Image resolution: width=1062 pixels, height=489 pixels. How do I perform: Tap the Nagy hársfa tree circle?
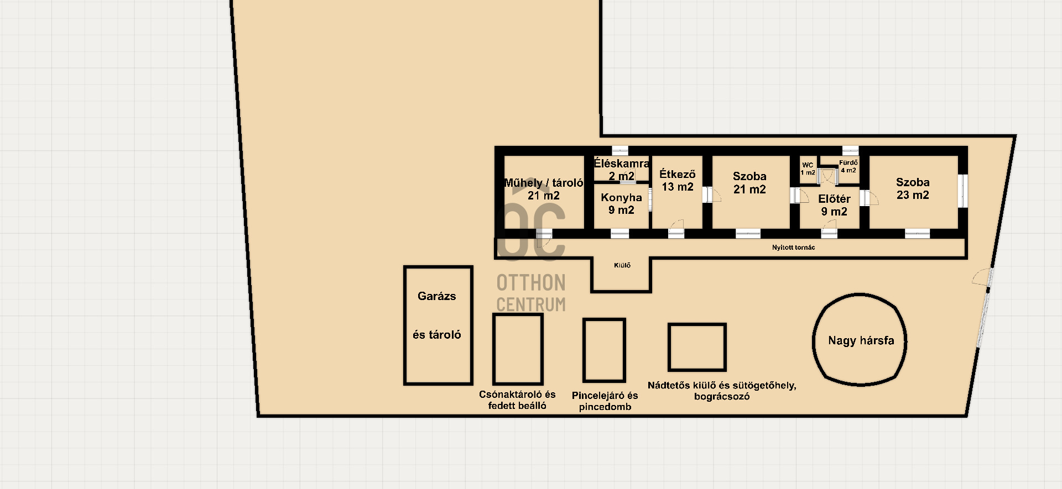[x=814, y=340]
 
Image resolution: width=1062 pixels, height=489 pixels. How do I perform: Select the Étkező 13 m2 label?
[x=677, y=181]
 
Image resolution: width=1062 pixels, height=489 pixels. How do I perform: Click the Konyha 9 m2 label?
[x=621, y=203]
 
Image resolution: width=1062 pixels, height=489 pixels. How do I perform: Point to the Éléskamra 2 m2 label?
[x=621, y=170]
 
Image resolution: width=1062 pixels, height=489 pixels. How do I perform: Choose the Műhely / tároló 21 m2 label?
[x=544, y=189]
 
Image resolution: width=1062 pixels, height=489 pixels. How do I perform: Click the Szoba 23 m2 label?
[x=913, y=188]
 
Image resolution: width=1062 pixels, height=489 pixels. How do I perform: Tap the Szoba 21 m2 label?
[x=749, y=183]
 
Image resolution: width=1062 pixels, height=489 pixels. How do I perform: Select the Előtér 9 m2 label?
[x=834, y=205]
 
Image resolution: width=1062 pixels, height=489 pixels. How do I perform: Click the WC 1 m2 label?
[x=808, y=169]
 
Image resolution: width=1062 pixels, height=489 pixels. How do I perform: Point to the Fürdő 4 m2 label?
[x=848, y=166]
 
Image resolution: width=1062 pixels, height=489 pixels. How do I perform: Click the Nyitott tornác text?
[x=793, y=248]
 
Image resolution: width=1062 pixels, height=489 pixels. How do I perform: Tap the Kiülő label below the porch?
[x=622, y=265]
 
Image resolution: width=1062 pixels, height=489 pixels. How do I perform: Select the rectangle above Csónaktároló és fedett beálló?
[x=494, y=349]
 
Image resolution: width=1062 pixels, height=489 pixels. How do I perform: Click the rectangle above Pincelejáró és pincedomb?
[x=584, y=350]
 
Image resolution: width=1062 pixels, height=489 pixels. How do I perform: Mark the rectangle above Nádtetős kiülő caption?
[x=669, y=347]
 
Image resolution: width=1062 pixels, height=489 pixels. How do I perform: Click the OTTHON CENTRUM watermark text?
[x=531, y=293]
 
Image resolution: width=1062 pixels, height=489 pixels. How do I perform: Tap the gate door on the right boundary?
[x=982, y=278]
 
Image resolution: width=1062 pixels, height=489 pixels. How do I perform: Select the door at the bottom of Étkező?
[x=676, y=228]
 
